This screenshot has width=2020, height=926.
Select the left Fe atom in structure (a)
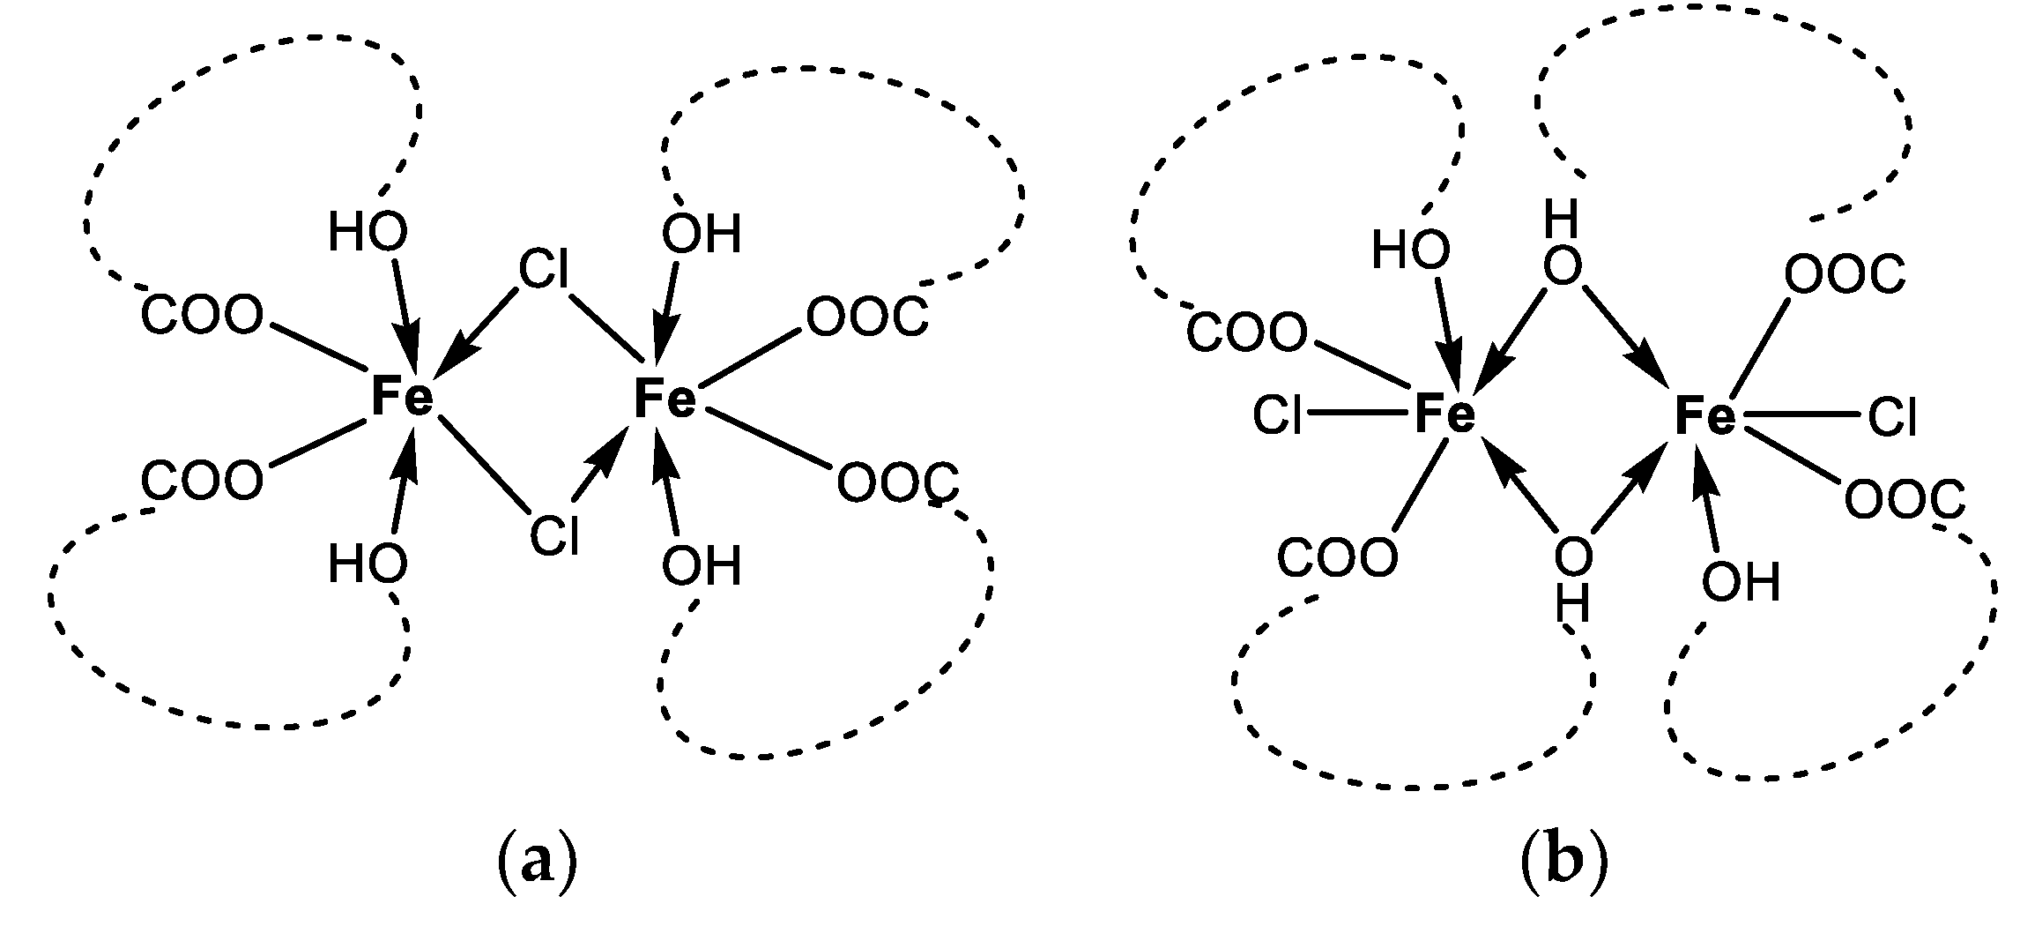point(402,397)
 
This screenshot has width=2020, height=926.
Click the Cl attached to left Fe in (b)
point(1278,415)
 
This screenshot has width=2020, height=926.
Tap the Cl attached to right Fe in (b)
point(1892,417)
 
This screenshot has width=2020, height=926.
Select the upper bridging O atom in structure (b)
point(1563,268)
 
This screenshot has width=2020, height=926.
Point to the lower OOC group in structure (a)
point(897,483)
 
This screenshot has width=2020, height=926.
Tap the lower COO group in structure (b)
point(1337,557)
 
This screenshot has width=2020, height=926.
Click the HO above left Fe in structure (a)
point(368,234)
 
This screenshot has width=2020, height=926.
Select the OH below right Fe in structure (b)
point(1741,582)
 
